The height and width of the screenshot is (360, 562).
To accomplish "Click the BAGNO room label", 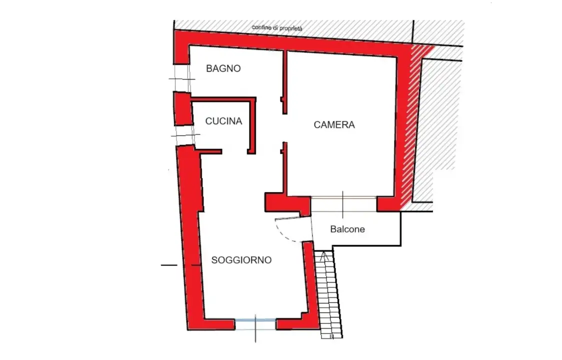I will [x=223, y=69].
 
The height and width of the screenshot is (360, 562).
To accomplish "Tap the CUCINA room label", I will [x=223, y=121].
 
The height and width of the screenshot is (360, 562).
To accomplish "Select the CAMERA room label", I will [x=334, y=125].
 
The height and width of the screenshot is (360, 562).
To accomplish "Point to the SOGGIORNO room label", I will [x=241, y=260].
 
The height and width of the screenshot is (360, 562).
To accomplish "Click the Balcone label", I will [x=347, y=229].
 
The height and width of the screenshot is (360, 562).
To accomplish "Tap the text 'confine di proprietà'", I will [x=277, y=28].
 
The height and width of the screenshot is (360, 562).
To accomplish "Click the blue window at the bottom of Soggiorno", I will [x=255, y=320].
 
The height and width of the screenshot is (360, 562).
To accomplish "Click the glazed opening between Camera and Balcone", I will [x=343, y=203].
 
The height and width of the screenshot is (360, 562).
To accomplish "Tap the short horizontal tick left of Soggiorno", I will [x=169, y=264].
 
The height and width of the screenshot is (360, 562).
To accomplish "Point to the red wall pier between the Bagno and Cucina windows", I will [x=182, y=107].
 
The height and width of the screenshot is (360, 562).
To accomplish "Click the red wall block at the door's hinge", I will [x=285, y=204].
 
